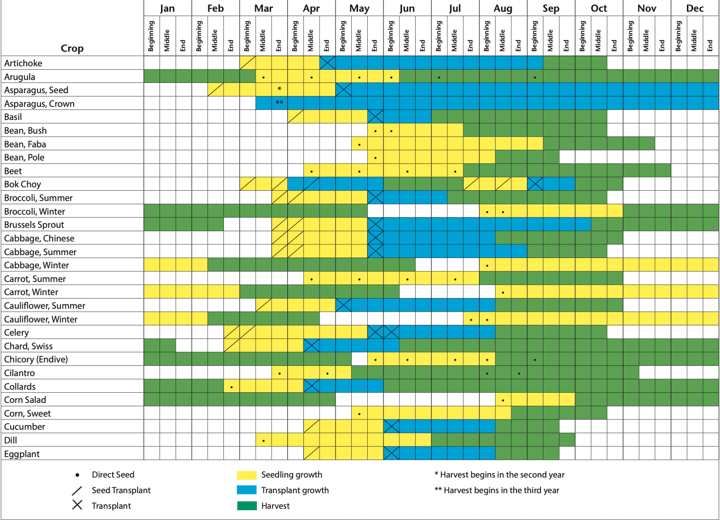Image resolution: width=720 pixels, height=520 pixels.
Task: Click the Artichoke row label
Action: click(23, 63)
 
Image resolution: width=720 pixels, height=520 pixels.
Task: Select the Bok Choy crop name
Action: click(22, 184)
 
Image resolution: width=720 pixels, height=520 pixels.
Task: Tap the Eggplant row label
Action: click(22, 454)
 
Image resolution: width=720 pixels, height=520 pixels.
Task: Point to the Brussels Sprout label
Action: click(34, 225)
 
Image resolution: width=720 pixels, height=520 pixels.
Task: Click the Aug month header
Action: click(503, 8)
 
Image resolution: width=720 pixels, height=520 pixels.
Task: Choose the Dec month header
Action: click(695, 8)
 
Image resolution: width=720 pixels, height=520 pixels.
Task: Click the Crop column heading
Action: click(72, 48)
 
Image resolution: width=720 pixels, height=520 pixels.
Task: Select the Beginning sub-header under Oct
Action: click(582, 36)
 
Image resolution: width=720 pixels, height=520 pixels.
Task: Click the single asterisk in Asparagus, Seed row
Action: click(280, 89)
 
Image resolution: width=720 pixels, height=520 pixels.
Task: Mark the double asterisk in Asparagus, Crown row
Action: click(280, 103)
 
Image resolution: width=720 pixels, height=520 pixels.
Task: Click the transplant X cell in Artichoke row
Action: click(327, 63)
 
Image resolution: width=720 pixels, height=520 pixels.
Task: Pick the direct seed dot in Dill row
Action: click(263, 440)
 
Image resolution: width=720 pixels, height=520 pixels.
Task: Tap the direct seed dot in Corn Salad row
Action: click(503, 400)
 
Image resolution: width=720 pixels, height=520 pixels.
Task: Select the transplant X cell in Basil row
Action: click(375, 117)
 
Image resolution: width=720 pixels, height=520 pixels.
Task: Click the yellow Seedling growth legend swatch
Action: click(246, 475)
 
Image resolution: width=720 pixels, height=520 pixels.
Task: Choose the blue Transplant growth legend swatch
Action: click(246, 490)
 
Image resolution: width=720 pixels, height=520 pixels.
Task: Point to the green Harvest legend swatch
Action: click(246, 506)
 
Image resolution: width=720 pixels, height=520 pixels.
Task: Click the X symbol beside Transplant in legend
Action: click(77, 505)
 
